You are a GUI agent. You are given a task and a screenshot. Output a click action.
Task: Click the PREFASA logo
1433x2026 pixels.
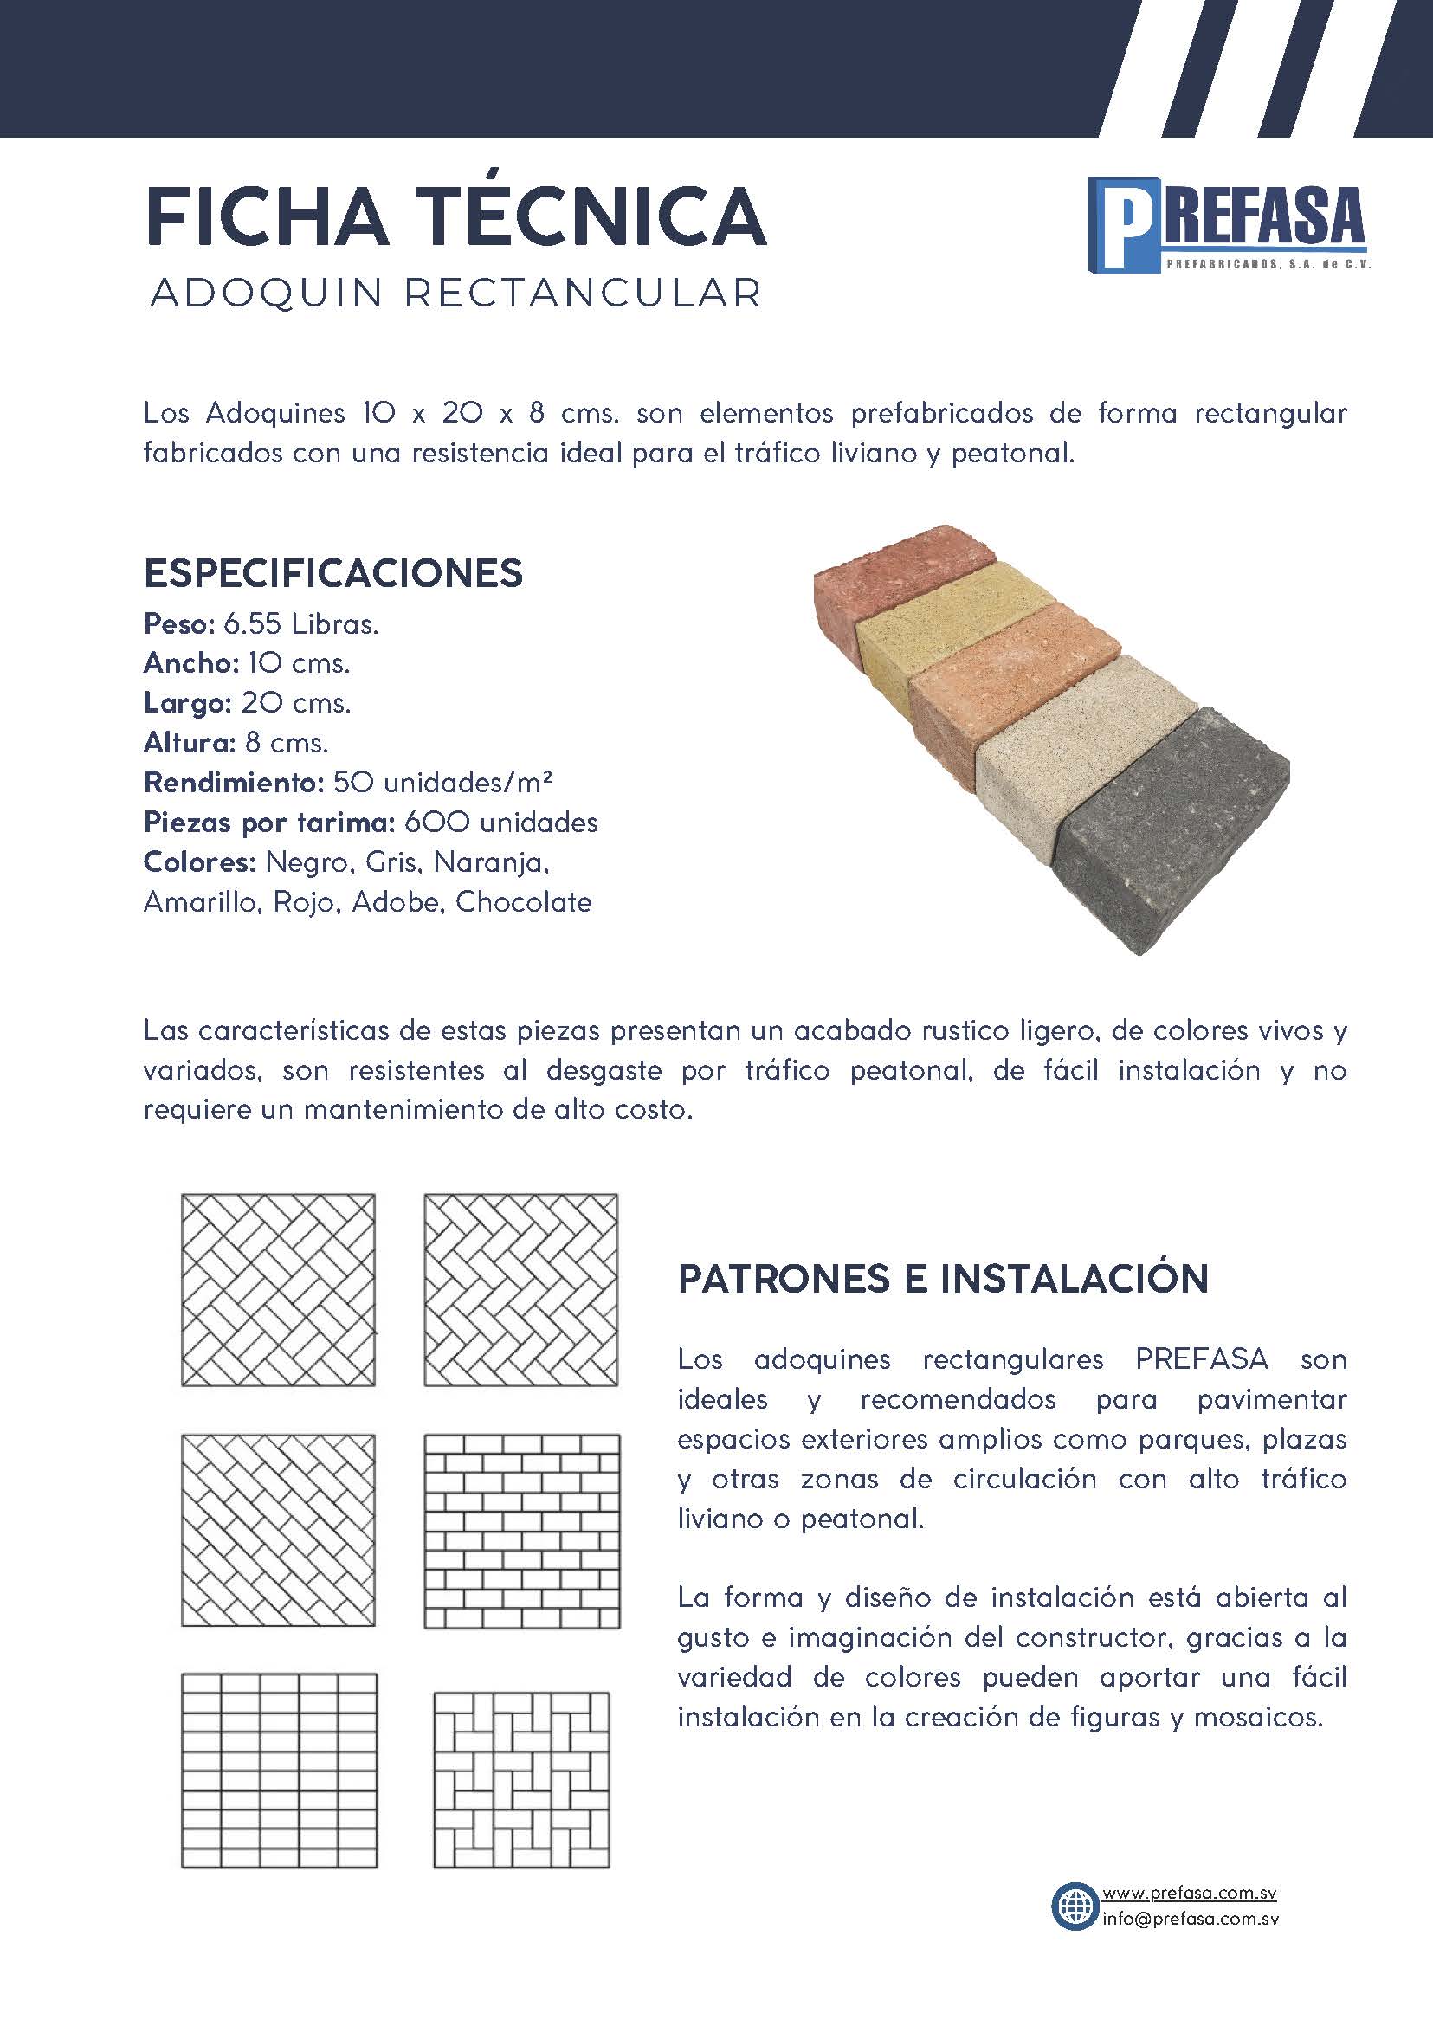pos(1228,225)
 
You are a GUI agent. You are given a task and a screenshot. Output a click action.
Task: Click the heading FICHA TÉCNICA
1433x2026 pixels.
pos(455,216)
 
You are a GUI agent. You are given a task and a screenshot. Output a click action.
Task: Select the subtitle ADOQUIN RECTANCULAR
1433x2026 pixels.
pos(455,294)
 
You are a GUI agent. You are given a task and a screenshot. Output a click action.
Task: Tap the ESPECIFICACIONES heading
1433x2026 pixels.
pos(332,573)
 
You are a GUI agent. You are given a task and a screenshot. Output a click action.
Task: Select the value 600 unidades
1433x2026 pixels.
pos(501,823)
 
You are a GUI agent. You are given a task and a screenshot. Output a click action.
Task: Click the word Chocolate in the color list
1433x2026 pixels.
pos(523,902)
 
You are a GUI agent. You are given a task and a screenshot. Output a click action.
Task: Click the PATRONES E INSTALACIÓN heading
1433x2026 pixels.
pos(942,1279)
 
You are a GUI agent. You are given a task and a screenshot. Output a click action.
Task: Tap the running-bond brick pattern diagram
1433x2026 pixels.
pos(521,1531)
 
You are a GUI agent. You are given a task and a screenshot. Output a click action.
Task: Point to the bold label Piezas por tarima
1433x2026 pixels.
pos(268,823)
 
